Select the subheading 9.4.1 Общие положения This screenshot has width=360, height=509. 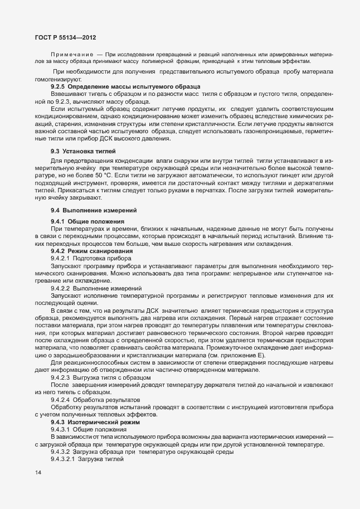[85, 222]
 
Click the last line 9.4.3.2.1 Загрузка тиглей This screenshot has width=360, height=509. [92, 458]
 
